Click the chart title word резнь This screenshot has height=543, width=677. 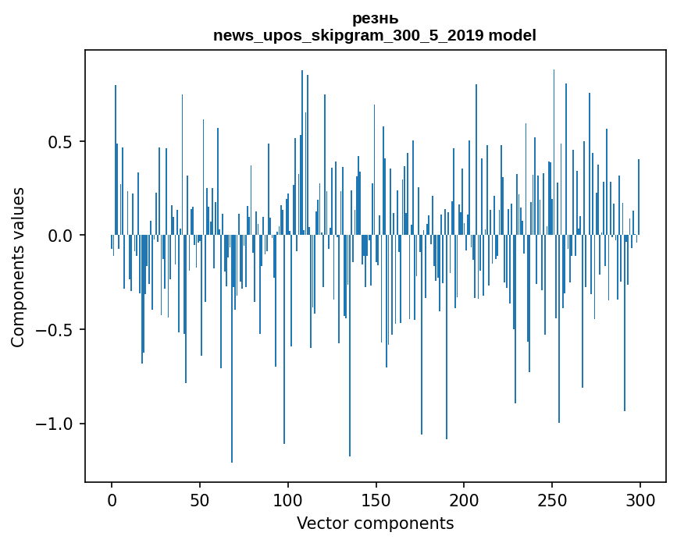click(x=375, y=19)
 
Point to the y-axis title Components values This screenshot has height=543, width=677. click(x=18, y=267)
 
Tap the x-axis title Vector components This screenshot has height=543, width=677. click(x=375, y=523)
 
